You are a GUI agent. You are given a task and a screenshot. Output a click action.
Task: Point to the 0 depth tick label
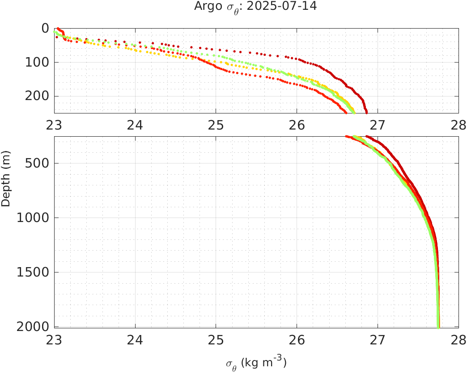(45, 28)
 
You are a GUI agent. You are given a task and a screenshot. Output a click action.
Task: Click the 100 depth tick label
(37, 62)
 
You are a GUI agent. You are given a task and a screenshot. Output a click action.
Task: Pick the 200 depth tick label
(37, 96)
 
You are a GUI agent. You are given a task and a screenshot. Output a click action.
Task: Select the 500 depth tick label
(37, 163)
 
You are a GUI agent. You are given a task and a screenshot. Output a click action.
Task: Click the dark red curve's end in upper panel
(366, 112)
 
